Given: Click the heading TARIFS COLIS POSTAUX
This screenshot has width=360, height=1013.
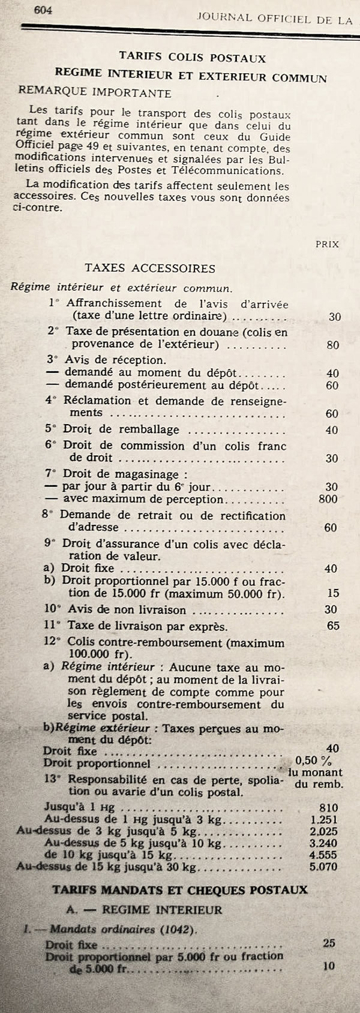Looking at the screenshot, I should pyautogui.click(x=191, y=58).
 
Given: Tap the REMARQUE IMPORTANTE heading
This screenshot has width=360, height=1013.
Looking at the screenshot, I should pyautogui.click(x=95, y=93).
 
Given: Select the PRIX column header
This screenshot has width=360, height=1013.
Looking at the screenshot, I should pyautogui.click(x=326, y=244).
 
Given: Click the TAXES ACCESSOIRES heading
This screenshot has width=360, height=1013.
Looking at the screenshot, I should pyautogui.click(x=150, y=268).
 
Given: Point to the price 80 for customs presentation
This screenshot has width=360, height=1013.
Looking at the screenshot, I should pyautogui.click(x=332, y=345).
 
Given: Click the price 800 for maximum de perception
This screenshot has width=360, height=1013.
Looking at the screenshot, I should pyautogui.click(x=328, y=499).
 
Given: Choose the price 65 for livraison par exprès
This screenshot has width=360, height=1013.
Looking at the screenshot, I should pyautogui.click(x=333, y=626).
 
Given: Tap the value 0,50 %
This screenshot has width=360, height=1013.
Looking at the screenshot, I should pyautogui.click(x=313, y=760).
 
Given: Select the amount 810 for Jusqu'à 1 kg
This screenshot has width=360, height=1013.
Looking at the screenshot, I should pyautogui.click(x=329, y=808).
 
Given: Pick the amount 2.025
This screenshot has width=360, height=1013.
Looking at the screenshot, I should pyautogui.click(x=324, y=832).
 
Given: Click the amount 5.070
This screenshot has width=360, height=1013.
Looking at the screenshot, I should pyautogui.click(x=324, y=867).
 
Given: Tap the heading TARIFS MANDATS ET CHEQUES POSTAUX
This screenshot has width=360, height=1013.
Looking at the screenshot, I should pyautogui.click(x=180, y=889).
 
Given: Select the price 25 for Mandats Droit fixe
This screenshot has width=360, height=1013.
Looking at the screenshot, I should pyautogui.click(x=329, y=943).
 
